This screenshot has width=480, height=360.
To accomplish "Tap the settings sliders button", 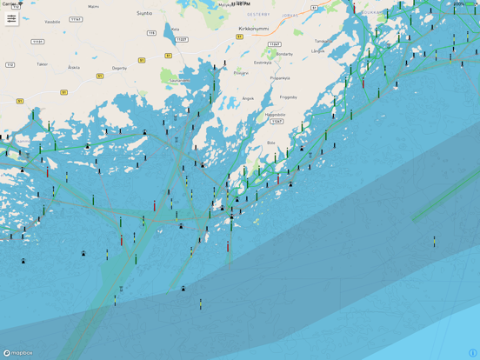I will coord(11,18).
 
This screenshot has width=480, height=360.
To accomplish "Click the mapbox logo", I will coord(18,353).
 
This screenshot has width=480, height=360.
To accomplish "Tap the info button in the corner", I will coord(472,353).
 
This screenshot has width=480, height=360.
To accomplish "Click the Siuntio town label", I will coord(144,13).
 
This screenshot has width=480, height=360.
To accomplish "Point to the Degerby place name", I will coord(119,67).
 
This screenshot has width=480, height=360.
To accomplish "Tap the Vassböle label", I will coord(52,22).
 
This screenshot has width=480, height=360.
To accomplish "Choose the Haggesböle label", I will coord(276,114).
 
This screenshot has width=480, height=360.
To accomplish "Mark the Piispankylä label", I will coord(280,78).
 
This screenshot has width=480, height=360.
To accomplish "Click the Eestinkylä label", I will coord(263,63).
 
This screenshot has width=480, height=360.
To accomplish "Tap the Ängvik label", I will coord(249,98).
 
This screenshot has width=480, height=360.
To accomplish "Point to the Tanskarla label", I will coord(322,41).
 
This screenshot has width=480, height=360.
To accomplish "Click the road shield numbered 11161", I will coord(77,19).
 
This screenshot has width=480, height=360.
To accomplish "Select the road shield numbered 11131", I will coord(37,41).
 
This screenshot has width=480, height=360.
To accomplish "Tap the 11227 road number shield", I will coord(181,39).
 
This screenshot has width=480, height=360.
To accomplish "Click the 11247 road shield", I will coord(274,44).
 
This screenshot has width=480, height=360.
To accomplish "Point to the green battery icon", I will coord(470,3).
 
